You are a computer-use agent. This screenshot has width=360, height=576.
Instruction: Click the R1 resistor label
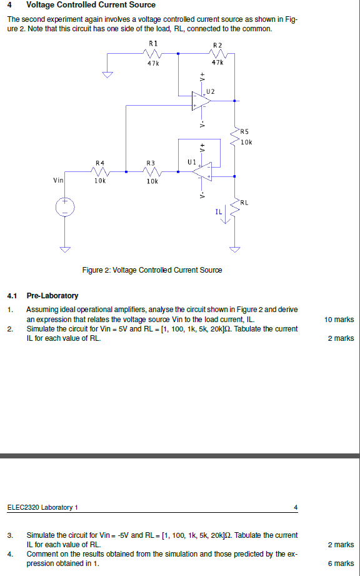point(153,43)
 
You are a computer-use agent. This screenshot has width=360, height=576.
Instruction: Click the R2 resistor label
point(217,45)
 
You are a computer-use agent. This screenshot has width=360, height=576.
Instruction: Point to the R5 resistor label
point(244,132)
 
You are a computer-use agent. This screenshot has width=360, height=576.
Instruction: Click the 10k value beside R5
point(246,142)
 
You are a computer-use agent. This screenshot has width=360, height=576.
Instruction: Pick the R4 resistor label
point(100,163)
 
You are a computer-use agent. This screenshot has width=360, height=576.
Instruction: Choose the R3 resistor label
point(150,163)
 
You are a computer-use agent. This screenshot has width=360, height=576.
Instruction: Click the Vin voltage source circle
point(65,207)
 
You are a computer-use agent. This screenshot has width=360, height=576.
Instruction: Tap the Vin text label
point(58,180)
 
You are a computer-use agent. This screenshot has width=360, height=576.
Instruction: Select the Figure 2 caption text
point(152,270)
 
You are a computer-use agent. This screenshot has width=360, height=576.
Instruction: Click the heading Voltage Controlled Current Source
point(91,5)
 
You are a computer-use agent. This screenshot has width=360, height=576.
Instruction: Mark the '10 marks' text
point(339,320)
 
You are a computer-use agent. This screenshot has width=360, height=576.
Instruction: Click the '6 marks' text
point(341,563)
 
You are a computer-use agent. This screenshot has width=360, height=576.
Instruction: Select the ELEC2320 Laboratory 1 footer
point(42,507)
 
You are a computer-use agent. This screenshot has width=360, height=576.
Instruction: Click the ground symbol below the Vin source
point(65,250)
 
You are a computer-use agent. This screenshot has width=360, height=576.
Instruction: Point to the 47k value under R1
point(153,63)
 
